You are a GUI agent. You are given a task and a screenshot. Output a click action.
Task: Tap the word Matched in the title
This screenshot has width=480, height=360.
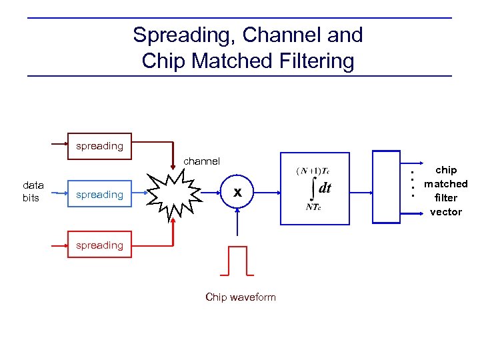point(230,61)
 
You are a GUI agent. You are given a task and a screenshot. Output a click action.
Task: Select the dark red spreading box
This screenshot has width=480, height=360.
point(99,145)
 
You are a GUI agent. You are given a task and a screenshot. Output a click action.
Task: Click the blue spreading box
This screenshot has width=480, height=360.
point(99,195)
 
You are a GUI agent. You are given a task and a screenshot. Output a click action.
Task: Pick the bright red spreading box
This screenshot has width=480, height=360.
point(99,245)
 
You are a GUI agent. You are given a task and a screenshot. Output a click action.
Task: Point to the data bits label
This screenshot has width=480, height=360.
point(33,191)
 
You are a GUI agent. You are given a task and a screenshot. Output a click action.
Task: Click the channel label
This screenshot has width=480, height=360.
point(201,161)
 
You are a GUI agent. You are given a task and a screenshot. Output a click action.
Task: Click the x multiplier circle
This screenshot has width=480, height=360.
point(237,193)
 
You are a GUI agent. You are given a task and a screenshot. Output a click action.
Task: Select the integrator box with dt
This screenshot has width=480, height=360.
point(315,189)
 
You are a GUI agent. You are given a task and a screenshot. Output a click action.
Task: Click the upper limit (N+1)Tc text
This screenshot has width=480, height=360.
point(311,171)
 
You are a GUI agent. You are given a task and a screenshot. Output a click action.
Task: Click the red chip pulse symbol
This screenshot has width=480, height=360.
point(237,261)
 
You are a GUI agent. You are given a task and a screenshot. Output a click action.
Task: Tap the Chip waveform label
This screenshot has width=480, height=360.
point(240,297)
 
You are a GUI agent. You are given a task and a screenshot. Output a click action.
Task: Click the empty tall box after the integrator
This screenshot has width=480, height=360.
point(386,189)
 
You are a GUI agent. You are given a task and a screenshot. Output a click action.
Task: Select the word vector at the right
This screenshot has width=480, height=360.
point(446,212)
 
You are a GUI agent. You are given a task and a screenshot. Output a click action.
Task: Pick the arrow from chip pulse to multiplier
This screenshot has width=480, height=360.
point(237,227)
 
